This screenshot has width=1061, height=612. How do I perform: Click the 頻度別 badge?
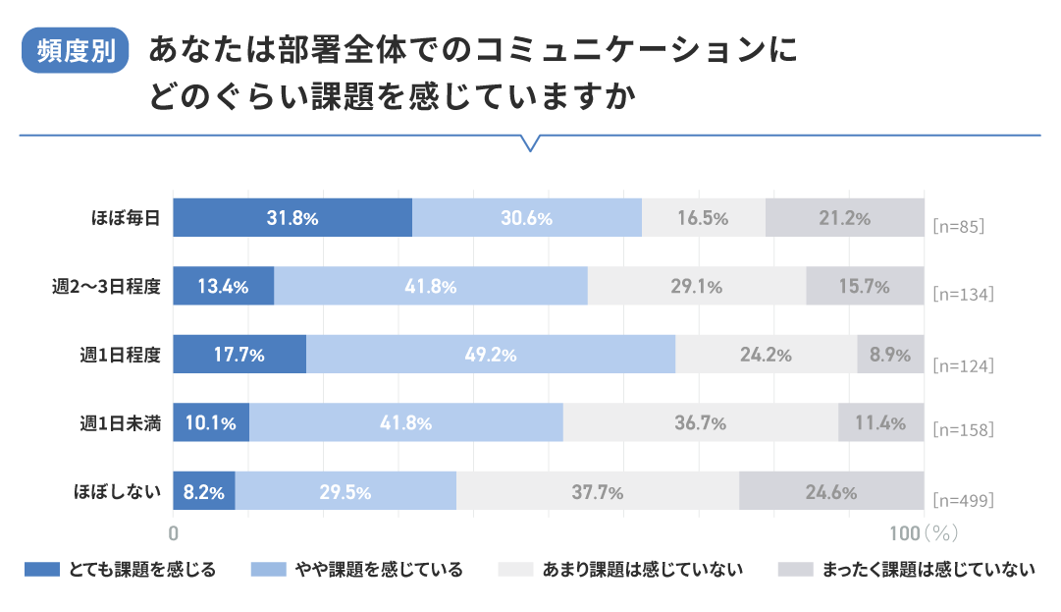point(76,51)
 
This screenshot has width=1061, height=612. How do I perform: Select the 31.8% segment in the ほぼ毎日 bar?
point(292,217)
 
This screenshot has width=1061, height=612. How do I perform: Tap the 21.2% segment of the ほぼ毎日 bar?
point(844,217)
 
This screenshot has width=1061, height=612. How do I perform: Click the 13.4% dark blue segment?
point(223,286)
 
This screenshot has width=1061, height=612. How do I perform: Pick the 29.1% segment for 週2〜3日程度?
point(697,286)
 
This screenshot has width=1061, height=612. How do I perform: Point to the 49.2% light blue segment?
point(491,355)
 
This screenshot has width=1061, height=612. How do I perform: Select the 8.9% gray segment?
point(890,355)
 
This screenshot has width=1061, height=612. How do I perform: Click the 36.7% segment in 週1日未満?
point(701,423)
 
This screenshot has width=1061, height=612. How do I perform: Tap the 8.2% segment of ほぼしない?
point(204,491)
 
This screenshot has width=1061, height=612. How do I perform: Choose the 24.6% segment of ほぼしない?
point(831,491)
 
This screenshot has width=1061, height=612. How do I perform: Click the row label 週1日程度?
point(120,355)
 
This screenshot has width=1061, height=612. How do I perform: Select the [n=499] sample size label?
point(962,500)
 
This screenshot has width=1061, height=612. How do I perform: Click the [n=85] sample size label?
point(957,226)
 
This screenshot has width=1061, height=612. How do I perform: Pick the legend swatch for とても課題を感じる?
point(42,569)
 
